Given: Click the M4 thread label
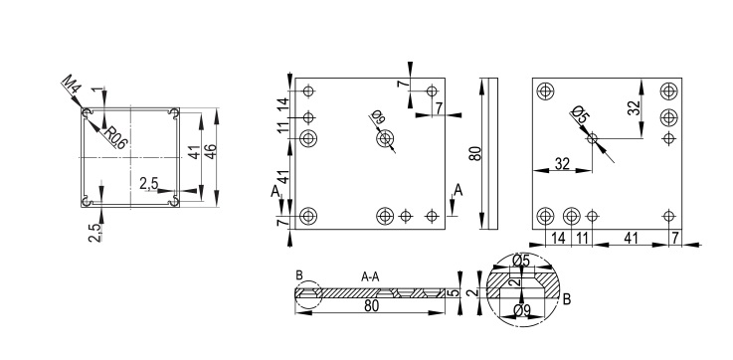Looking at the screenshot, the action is click(x=72, y=85).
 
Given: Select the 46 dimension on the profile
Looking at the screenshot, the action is click(x=211, y=151).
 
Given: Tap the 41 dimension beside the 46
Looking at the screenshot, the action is click(x=195, y=151).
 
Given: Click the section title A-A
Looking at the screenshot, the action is click(x=370, y=277).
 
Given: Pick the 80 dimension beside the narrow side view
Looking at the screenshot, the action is click(x=475, y=153).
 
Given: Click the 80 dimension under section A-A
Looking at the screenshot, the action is click(x=371, y=305).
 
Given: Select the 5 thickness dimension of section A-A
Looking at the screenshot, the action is click(x=453, y=293).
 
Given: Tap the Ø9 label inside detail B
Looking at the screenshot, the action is click(x=521, y=309).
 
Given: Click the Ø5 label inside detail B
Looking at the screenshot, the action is click(x=521, y=261).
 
